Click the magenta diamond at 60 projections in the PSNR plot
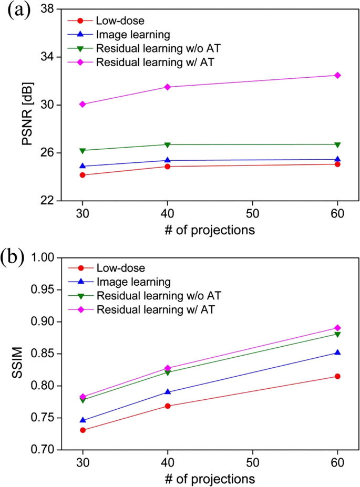click(337, 75)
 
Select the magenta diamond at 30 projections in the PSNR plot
click(83, 104)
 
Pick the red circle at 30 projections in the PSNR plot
click(83, 175)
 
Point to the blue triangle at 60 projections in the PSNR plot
click(337, 159)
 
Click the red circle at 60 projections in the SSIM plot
click(337, 376)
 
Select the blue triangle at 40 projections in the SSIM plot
click(168, 392)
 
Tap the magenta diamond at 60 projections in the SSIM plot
click(337, 328)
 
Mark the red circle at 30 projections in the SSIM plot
click(83, 430)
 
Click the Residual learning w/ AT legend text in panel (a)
click(155, 62)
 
